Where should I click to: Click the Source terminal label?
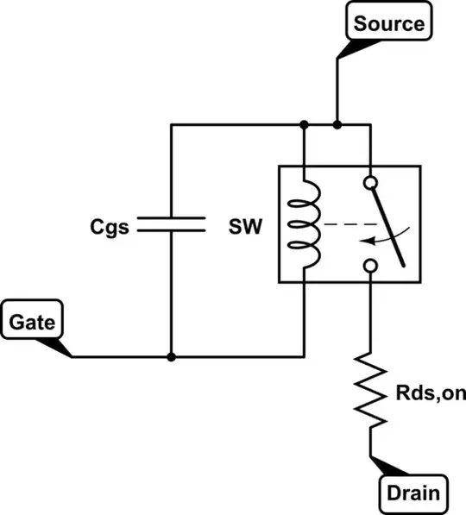tap(388, 22)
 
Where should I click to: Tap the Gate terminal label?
tap(33, 323)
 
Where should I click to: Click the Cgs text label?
tap(110, 228)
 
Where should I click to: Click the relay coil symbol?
tap(307, 225)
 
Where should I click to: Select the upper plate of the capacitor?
tap(171, 219)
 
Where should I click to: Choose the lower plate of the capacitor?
tap(171, 232)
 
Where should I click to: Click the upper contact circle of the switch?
tap(371, 184)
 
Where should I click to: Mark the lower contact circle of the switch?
tap(371, 267)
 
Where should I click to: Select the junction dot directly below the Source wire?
tap(337, 125)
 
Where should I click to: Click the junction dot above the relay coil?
tap(304, 125)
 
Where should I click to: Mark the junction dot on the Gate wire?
tap(171, 356)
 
